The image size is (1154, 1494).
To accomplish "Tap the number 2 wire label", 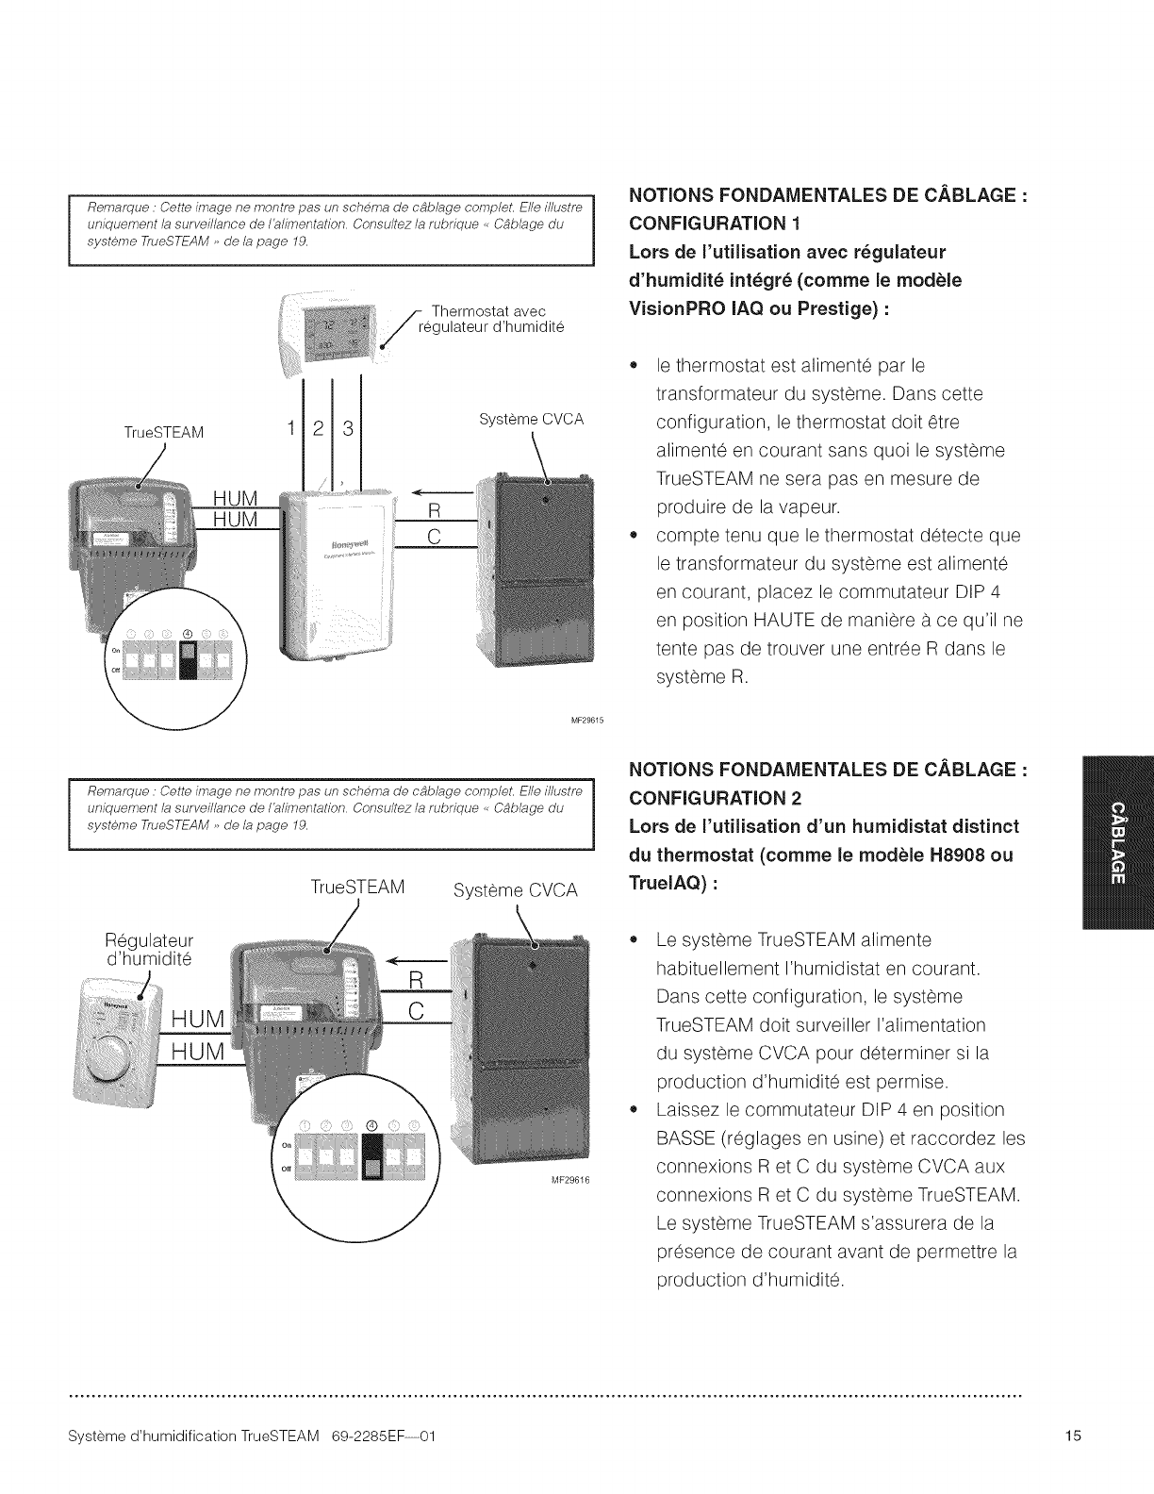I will point(318,429).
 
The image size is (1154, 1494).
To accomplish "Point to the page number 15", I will point(1073,1436).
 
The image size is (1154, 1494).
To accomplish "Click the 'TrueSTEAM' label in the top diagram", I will point(164,433).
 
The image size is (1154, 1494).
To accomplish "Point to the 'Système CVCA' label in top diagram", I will point(531,419).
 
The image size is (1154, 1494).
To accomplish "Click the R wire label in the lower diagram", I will point(417,981).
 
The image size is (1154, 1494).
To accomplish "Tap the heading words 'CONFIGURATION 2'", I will point(715,798).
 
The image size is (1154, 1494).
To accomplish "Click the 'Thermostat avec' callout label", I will point(487,311).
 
